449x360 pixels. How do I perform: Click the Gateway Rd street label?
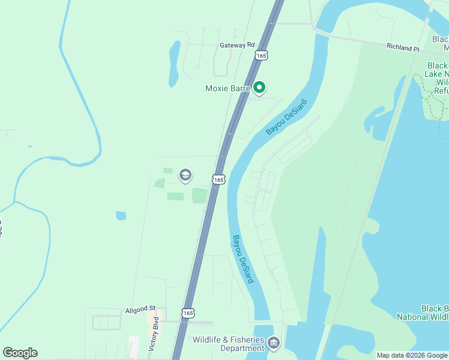(237, 45)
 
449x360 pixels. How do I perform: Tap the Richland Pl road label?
(402, 47)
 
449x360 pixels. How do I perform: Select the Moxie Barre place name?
(228, 89)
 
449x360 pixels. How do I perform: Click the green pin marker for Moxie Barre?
(259, 88)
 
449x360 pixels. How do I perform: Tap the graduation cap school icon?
(185, 175)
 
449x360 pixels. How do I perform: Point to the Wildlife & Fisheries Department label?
(228, 344)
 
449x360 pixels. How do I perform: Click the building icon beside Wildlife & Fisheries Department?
(274, 343)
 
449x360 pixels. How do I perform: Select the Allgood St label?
(140, 310)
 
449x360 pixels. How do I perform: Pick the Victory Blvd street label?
(155, 335)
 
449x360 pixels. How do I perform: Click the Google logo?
(20, 353)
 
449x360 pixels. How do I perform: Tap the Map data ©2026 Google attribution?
(411, 355)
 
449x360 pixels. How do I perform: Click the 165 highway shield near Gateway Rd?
(261, 55)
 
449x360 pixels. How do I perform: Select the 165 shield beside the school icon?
(218, 179)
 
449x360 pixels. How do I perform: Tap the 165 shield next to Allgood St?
(188, 313)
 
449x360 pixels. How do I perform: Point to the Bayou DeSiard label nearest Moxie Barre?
(286, 118)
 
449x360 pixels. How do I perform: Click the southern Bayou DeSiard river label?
(243, 259)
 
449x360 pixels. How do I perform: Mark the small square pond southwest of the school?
(121, 215)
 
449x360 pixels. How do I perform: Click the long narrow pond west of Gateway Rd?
(174, 63)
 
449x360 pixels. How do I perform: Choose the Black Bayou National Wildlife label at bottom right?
(423, 313)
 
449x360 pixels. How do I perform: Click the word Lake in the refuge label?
(438, 74)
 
